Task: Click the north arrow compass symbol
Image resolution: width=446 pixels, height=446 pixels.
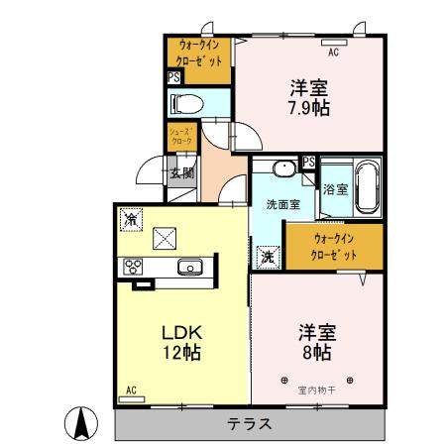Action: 83,423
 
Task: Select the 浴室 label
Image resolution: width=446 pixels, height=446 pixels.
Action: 334,189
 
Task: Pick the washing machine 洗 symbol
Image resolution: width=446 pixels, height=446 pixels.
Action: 268,256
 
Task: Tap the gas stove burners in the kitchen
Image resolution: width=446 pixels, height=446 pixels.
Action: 132,266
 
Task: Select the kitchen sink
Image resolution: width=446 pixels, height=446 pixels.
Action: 190,266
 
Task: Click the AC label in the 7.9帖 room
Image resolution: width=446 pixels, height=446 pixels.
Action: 333,52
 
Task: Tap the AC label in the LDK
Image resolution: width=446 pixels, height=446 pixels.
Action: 132,390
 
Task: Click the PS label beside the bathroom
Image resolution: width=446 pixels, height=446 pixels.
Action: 309,163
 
